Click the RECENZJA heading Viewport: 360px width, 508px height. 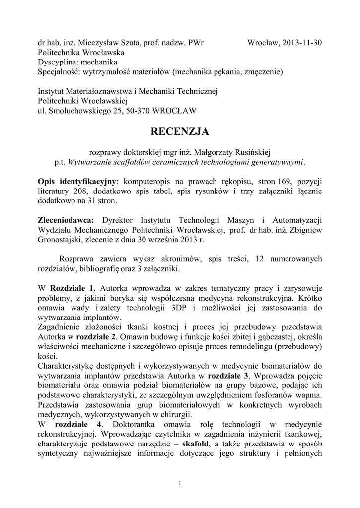[180, 131]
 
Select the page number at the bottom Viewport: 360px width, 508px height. [180, 484]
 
